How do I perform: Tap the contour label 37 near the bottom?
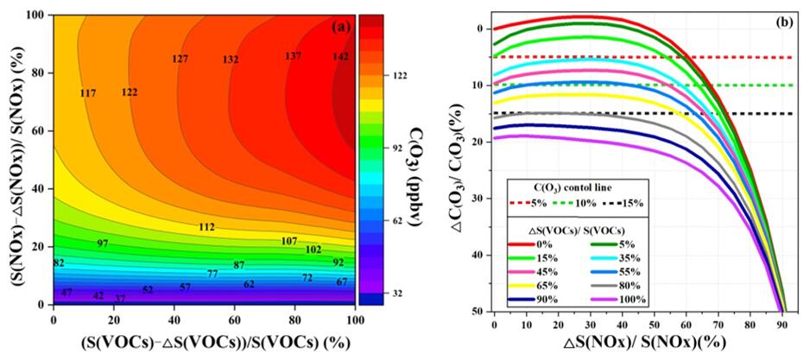(x=120, y=299)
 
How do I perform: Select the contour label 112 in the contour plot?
(x=206, y=227)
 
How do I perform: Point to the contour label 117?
(x=88, y=92)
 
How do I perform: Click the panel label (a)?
(x=341, y=27)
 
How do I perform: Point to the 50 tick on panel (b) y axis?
(x=474, y=311)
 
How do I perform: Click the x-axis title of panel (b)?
(x=636, y=344)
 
